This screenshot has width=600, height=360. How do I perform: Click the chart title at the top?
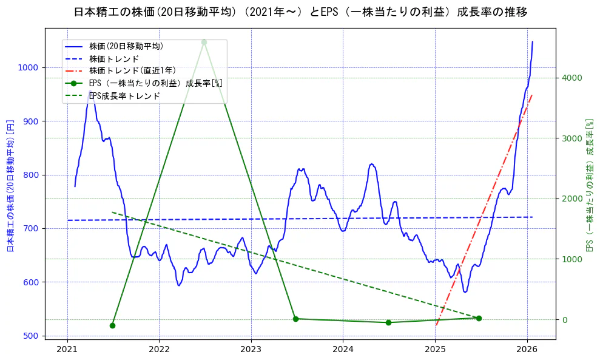point(300,12)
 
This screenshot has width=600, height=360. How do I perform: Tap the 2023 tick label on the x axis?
point(251,349)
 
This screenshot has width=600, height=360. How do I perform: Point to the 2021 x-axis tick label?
point(67,349)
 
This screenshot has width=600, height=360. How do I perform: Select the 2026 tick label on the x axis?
point(527,349)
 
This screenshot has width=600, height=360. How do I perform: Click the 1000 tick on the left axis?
point(29,68)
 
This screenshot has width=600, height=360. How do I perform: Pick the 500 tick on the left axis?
point(32,336)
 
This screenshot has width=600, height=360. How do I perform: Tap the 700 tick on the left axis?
point(32,229)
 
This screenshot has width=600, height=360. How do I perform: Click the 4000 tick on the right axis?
point(572,78)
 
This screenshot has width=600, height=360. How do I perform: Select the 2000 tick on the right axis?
point(572,199)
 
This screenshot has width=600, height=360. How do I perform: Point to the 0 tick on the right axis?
point(565,320)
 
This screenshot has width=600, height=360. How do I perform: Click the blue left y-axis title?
point(10,185)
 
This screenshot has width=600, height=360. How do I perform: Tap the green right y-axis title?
point(589,185)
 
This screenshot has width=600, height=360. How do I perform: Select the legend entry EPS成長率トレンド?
point(124,96)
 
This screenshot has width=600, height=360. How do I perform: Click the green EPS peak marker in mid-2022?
point(204,42)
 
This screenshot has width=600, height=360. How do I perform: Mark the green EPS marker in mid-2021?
point(112,325)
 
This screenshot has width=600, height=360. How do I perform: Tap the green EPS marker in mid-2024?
point(388,322)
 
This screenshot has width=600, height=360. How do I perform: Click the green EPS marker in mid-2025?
point(479,318)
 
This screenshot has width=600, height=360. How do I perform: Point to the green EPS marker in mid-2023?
point(295,319)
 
